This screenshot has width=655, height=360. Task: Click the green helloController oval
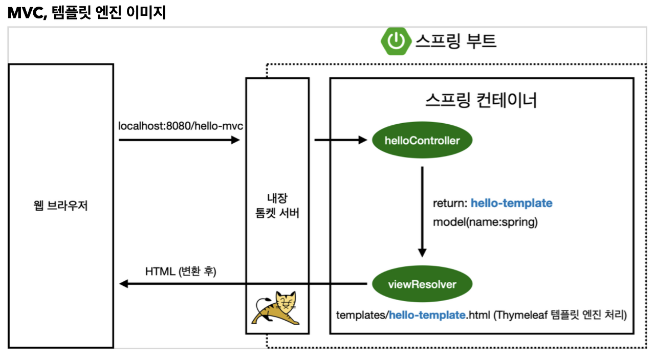422,140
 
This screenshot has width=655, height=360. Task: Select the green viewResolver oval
422,284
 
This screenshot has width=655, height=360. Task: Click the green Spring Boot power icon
396,41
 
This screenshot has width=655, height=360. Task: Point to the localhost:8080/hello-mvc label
181,125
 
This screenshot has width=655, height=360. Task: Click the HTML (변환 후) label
181,271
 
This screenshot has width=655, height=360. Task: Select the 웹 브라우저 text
60,207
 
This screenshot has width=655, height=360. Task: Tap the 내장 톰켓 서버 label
277,206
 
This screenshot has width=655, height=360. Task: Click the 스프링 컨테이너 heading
481,100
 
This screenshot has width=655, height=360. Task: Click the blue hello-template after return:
511,203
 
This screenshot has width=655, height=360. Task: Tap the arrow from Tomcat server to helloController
341,140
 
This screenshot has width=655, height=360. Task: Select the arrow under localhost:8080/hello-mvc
179,140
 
